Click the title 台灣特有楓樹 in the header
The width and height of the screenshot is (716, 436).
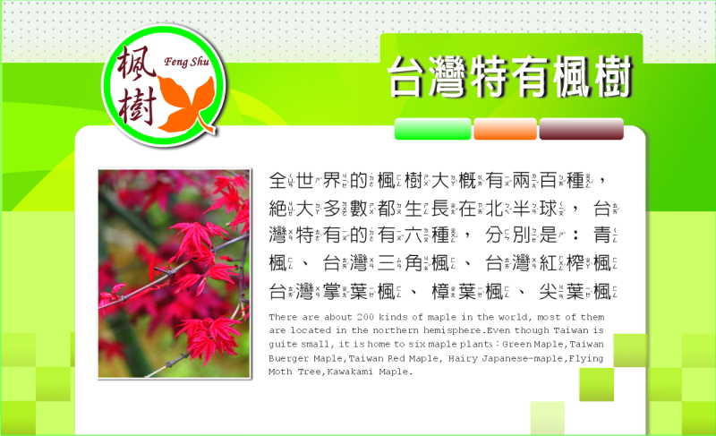pos(509,77)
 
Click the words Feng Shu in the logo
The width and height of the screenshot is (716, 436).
pos(186,61)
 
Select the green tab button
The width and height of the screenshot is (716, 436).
pos(432,129)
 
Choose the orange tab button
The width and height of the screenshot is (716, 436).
pos(505,129)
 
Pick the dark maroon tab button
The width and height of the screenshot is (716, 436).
pos(581,129)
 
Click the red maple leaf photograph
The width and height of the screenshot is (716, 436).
pos(174,274)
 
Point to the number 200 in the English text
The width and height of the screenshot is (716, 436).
pos(365,317)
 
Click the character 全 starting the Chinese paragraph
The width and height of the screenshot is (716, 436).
pos(277,181)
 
